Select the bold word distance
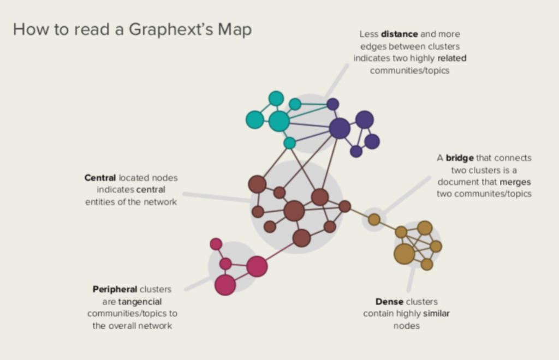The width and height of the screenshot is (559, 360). pos(399,34)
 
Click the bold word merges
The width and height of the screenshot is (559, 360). pos(515,182)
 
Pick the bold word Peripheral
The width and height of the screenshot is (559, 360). pos(115,290)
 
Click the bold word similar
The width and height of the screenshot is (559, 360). pos(436,314)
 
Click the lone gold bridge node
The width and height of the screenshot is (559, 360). pos(374,219)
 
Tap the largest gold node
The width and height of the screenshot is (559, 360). pos(405,254)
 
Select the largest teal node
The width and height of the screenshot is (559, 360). pos(279,121)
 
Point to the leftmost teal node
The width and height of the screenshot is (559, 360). pos(254,119)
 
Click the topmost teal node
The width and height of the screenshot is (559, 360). pos(276,98)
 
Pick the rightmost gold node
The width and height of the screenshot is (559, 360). pos(436,247)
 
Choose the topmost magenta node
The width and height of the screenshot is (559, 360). pos(216,244)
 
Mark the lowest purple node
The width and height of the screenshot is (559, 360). pos(356,151)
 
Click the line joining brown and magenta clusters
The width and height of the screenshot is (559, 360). pos(279,253)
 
